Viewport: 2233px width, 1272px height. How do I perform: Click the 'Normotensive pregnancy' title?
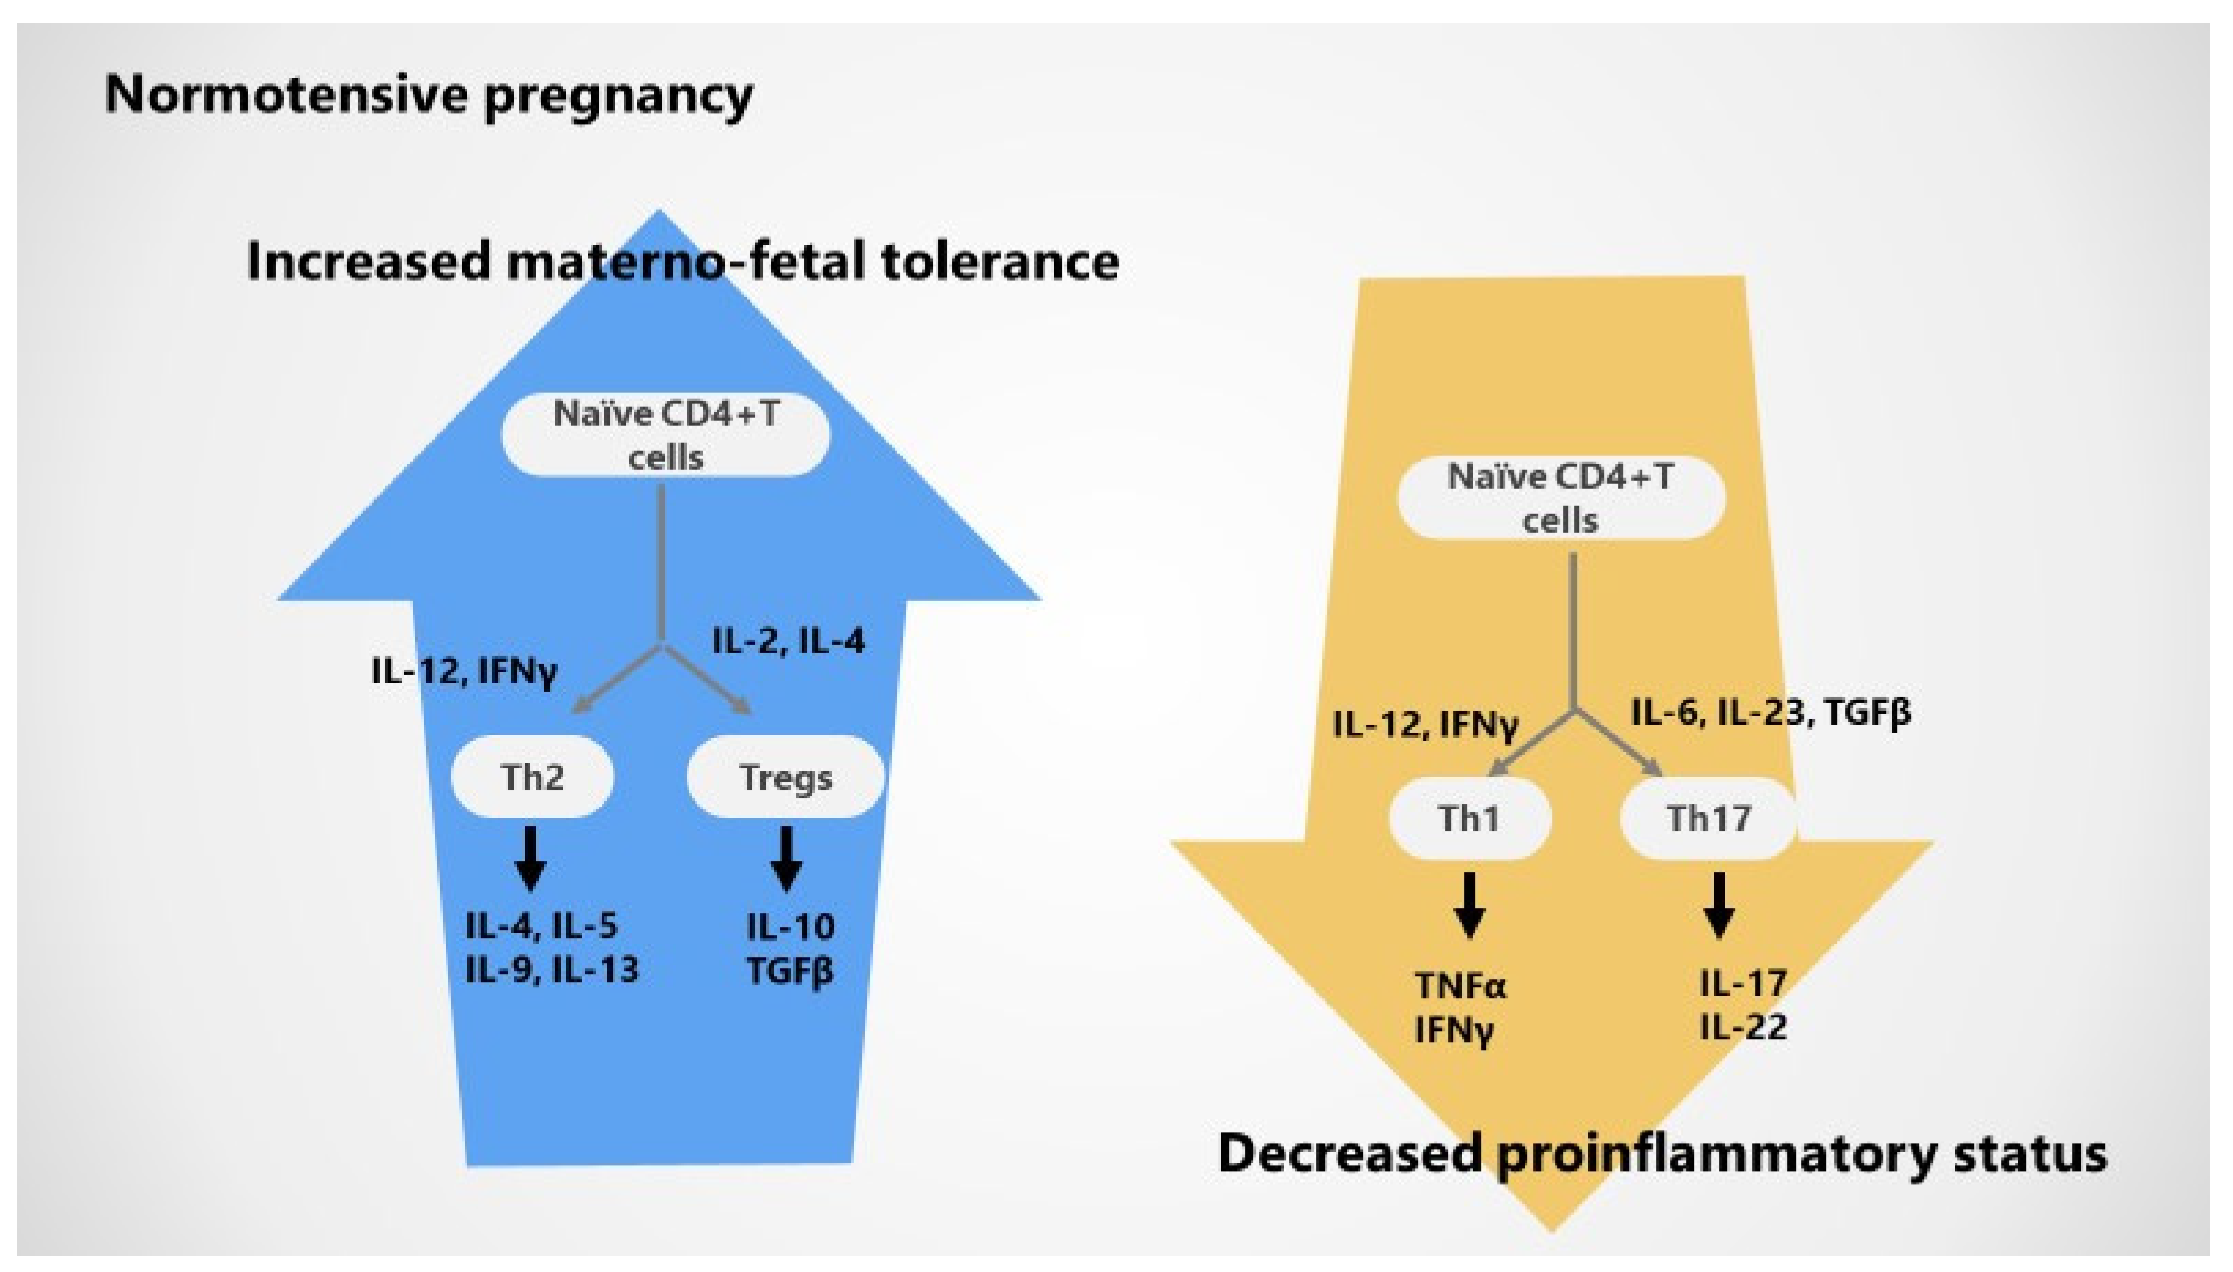point(428,95)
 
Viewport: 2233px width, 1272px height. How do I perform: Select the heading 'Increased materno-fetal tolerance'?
point(683,262)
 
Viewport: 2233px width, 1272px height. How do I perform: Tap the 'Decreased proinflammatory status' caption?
point(1662,1153)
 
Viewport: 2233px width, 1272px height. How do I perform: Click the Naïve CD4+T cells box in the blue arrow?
point(666,435)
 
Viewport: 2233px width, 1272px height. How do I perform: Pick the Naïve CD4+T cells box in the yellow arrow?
point(1560,498)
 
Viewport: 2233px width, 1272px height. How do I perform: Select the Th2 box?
point(532,777)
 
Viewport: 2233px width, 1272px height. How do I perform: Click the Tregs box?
point(785,777)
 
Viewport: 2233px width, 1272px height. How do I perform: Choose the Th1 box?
point(1469,818)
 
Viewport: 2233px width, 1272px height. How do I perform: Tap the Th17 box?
point(1708,818)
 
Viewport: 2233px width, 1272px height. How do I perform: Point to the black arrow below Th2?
point(530,860)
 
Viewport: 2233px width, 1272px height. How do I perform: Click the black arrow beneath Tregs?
point(786,860)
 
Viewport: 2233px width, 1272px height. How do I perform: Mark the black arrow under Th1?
point(1469,905)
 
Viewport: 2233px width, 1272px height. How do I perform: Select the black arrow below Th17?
point(1719,905)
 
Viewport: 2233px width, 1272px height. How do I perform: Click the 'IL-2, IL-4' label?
point(788,641)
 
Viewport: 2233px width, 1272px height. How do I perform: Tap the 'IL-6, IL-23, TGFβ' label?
point(1770,713)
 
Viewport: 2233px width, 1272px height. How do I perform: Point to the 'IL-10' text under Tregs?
point(791,928)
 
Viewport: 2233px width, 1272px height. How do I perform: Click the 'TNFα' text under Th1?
point(1461,986)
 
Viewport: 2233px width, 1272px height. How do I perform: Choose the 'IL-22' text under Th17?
point(1743,1027)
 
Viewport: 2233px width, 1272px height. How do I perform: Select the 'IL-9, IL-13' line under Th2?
point(551,969)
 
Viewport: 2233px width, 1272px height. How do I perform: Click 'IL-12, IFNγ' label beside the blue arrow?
point(464,672)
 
